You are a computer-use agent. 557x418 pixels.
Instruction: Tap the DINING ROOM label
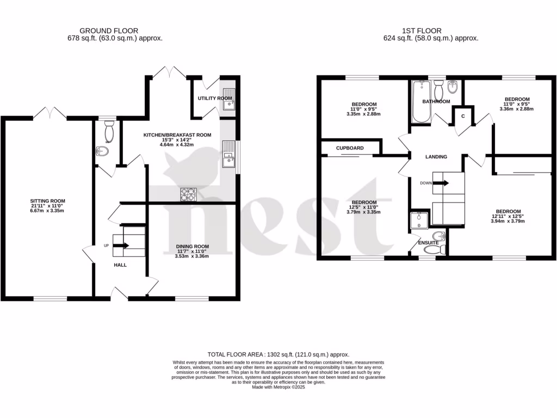(x=192, y=246)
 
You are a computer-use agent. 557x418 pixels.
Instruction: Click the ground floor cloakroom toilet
(x=109, y=131)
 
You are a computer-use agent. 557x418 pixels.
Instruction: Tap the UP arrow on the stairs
(x=122, y=245)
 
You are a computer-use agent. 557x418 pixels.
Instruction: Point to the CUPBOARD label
(x=350, y=148)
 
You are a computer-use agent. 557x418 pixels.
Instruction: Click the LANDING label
(x=436, y=157)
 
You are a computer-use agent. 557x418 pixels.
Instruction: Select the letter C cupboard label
(x=463, y=116)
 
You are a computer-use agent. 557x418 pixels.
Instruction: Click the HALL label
(x=120, y=265)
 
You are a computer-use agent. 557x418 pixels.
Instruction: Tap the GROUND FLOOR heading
(x=109, y=31)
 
